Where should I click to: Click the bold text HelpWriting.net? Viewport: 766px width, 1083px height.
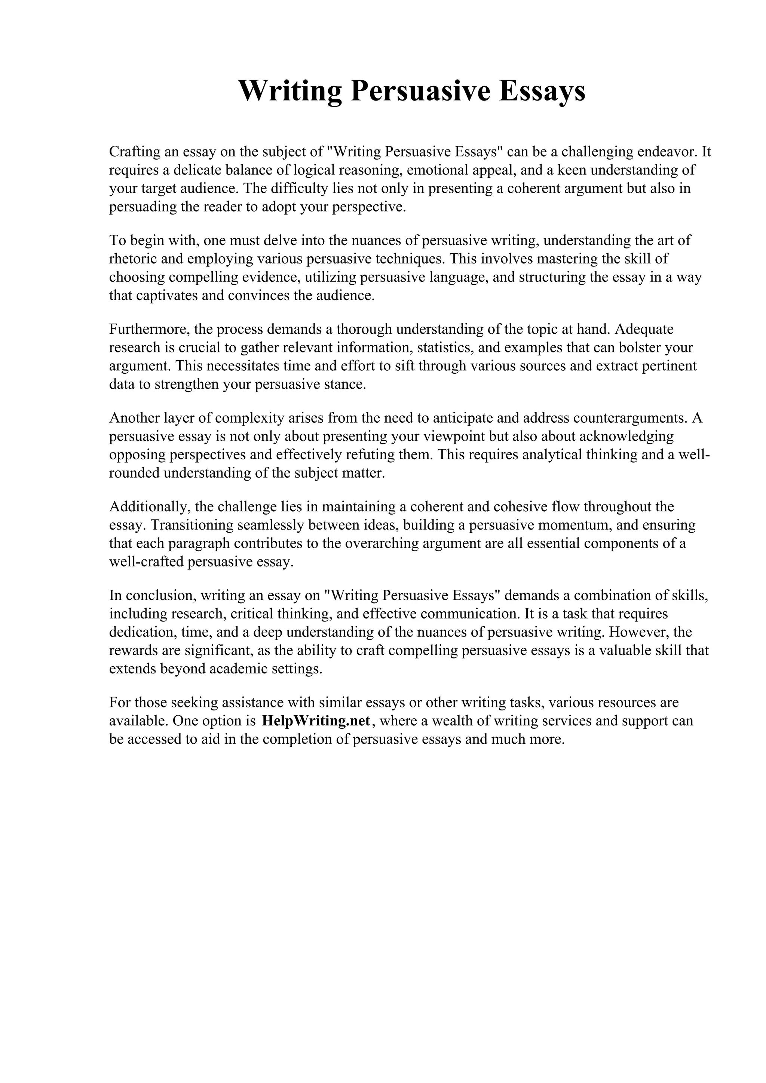click(316, 721)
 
